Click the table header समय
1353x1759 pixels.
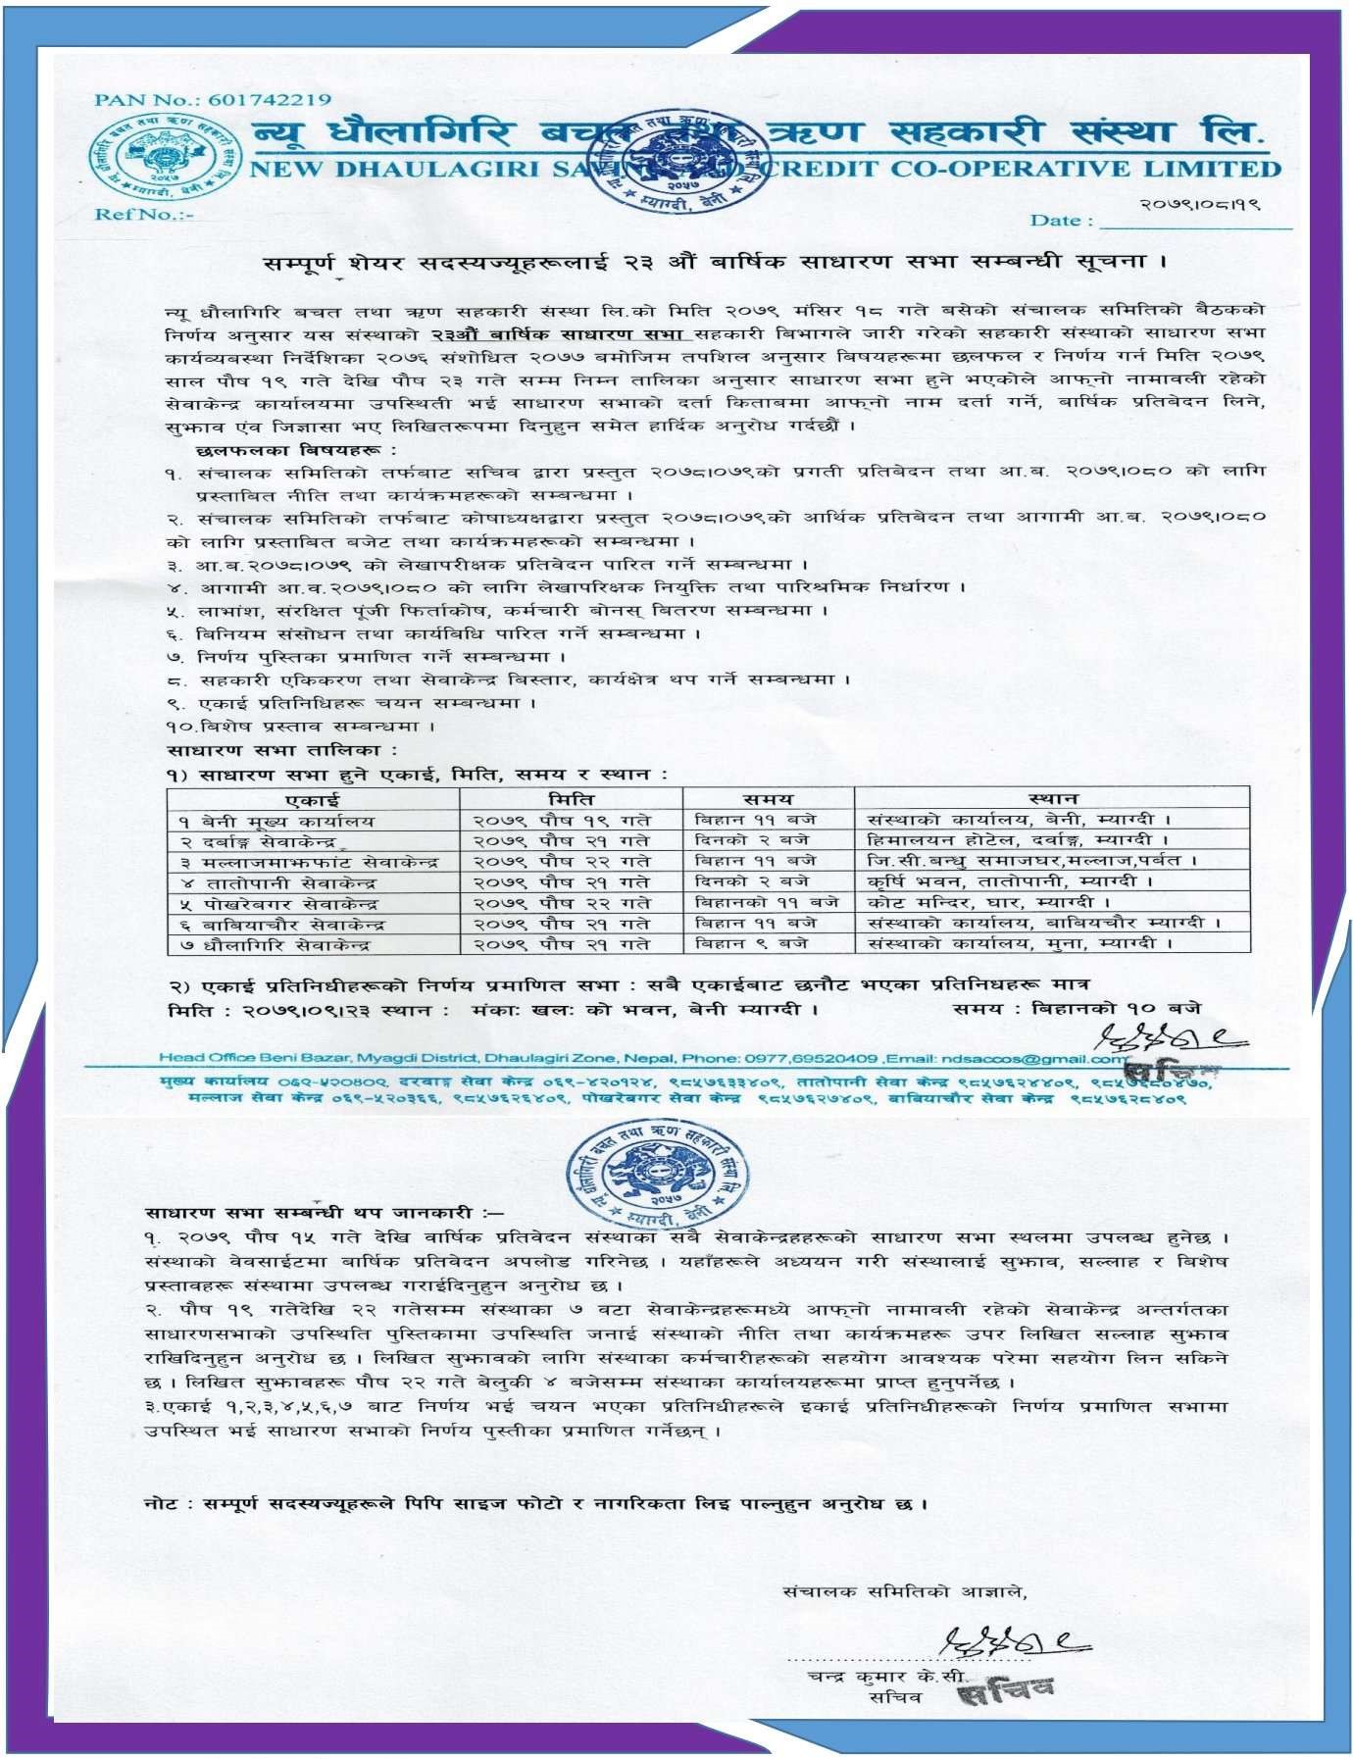(768, 798)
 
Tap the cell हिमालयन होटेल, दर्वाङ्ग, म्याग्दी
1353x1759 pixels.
(1019, 840)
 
